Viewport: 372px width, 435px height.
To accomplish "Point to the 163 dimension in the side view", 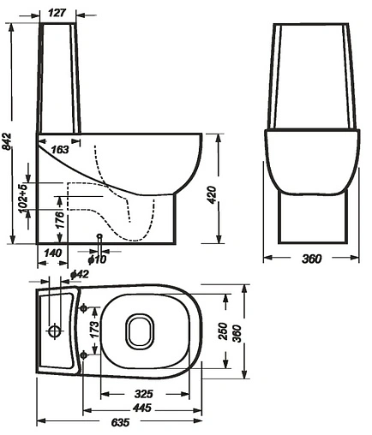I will [60, 149].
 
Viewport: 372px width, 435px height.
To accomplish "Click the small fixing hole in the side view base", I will [100, 236].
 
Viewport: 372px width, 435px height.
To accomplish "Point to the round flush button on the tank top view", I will [55, 330].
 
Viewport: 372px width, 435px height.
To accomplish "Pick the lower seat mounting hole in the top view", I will [83, 353].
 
